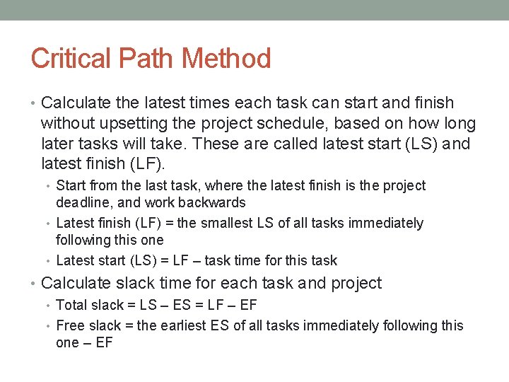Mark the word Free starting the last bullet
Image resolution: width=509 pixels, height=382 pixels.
(70, 325)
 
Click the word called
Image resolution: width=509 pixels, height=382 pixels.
(271, 145)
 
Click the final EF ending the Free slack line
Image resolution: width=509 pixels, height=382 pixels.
(104, 343)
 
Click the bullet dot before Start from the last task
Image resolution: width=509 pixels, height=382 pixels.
(49, 187)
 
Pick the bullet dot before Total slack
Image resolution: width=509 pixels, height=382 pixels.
(49, 306)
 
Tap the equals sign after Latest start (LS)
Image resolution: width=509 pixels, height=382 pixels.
(155, 260)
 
